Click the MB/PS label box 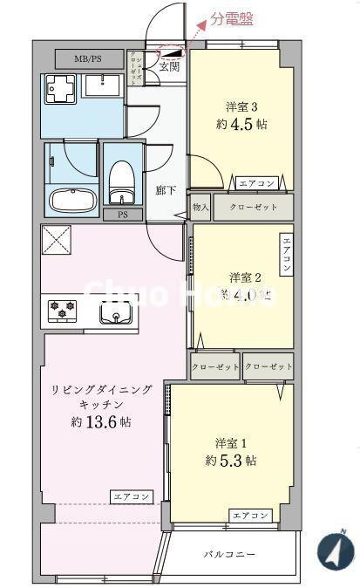coord(87,59)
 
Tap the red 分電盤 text coord(231,18)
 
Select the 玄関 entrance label coord(169,65)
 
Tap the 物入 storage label coord(200,208)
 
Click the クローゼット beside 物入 coord(253,208)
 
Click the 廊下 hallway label coord(166,190)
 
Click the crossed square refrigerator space coord(57,240)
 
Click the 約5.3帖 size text coord(231,460)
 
